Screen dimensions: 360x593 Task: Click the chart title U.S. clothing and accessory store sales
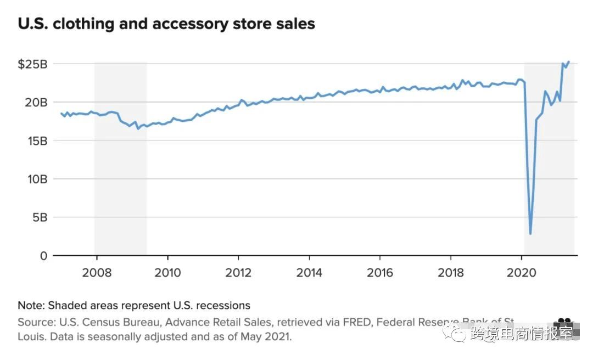click(x=166, y=24)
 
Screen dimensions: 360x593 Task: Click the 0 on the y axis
click(x=44, y=256)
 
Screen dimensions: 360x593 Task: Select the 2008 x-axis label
click(x=97, y=273)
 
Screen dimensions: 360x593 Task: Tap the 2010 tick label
click(x=167, y=273)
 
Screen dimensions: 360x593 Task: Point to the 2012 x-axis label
click(x=238, y=273)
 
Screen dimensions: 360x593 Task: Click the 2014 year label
click(x=309, y=273)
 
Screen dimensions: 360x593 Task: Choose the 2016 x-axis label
click(x=380, y=273)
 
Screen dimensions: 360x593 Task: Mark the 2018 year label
click(x=451, y=273)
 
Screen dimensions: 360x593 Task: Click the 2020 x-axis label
click(x=522, y=273)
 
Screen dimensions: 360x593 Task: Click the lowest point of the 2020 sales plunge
click(x=530, y=234)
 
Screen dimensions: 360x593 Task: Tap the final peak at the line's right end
click(x=568, y=61)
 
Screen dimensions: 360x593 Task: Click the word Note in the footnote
click(x=31, y=306)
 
